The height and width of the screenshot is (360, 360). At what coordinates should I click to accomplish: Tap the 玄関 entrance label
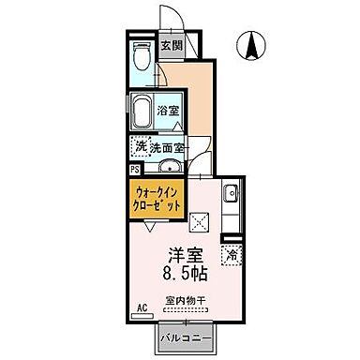pos(170,45)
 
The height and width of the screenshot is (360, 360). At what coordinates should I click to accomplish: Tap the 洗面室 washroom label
pos(170,148)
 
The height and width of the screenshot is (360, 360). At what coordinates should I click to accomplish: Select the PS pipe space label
pos(134,170)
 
